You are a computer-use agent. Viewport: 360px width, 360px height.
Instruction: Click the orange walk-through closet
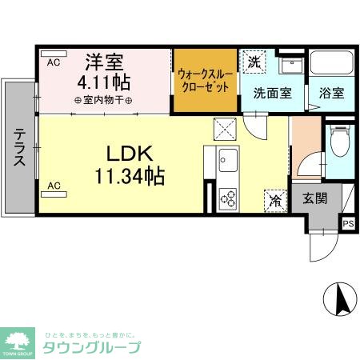click(206, 81)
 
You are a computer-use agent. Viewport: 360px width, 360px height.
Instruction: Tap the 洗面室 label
click(272, 92)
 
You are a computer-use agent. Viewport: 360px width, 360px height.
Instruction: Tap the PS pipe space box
click(348, 224)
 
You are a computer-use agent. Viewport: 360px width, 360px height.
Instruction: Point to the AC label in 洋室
click(54, 62)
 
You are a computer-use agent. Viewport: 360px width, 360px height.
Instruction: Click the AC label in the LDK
click(54, 186)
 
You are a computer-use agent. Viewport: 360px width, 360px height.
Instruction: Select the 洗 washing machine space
click(254, 62)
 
